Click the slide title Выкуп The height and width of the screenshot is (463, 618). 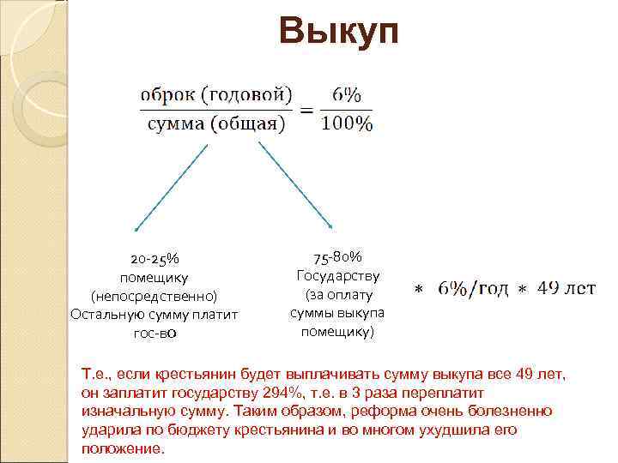[338, 33]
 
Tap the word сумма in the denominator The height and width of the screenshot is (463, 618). [173, 125]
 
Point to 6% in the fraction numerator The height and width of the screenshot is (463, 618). [347, 94]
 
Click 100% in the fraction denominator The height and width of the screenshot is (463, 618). [347, 125]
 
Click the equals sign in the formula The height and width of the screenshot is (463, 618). [306, 110]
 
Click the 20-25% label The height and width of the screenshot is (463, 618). [154, 258]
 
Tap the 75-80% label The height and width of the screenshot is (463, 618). [337, 256]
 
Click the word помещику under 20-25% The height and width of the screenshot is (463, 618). [154, 277]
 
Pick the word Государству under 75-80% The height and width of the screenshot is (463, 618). [337, 275]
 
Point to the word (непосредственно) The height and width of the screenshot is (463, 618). [154, 296]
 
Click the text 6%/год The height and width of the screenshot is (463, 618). [473, 289]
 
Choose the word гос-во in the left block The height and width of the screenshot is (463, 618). [154, 334]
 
